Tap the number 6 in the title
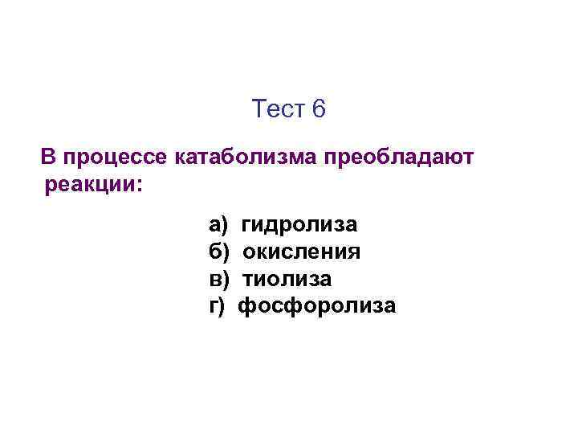click(x=320, y=108)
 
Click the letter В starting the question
click(x=48, y=157)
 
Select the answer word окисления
click(x=301, y=252)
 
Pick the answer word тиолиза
click(x=287, y=279)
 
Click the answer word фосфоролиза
click(x=318, y=306)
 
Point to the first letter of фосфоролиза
click(x=248, y=306)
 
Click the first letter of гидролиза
click(x=246, y=226)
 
